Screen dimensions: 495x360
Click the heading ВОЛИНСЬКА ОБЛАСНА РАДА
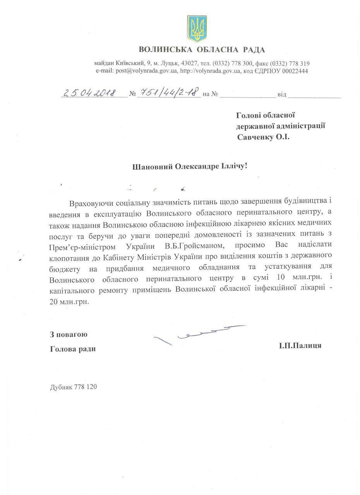point(202,49)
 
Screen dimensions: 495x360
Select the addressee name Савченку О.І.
point(263,137)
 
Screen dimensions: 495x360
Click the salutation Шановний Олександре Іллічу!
point(189,166)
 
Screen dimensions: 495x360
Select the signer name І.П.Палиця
point(299,345)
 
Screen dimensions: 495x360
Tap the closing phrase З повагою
point(69,335)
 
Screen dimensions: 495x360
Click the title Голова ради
point(73,349)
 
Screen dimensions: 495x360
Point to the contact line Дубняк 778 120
point(73,387)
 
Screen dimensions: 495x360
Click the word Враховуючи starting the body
point(91,204)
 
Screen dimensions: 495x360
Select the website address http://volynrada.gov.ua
point(211,71)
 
